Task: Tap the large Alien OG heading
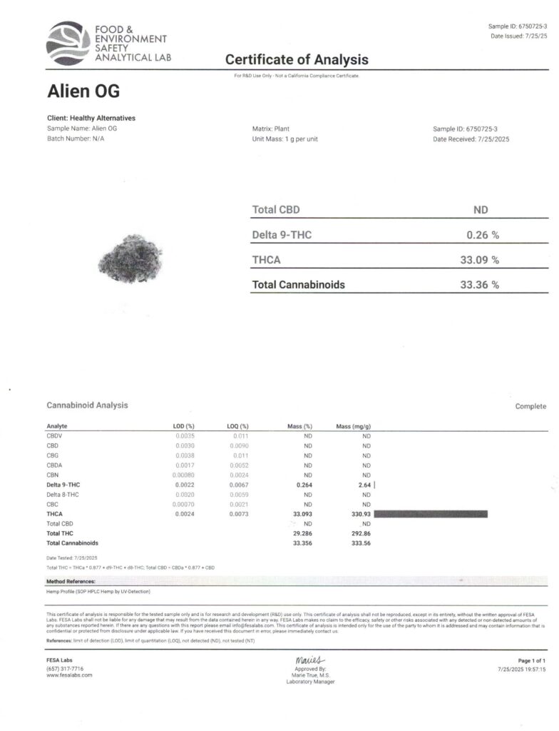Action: pyautogui.click(x=83, y=92)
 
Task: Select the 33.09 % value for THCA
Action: pyautogui.click(x=479, y=259)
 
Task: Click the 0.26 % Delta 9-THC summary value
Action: pyautogui.click(x=482, y=234)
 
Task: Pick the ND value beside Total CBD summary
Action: pyautogui.click(x=481, y=210)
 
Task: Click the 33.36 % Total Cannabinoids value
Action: pyautogui.click(x=479, y=284)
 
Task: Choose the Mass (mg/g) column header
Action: pyautogui.click(x=353, y=426)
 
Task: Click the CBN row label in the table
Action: pyautogui.click(x=53, y=475)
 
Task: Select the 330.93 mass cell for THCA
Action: pyautogui.click(x=360, y=513)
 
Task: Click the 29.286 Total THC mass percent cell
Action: pyautogui.click(x=302, y=533)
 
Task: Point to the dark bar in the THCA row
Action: pyautogui.click(x=430, y=513)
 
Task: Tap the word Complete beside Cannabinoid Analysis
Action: pyautogui.click(x=530, y=405)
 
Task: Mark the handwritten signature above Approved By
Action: pyautogui.click(x=310, y=660)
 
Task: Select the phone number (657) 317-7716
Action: pyautogui.click(x=65, y=668)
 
